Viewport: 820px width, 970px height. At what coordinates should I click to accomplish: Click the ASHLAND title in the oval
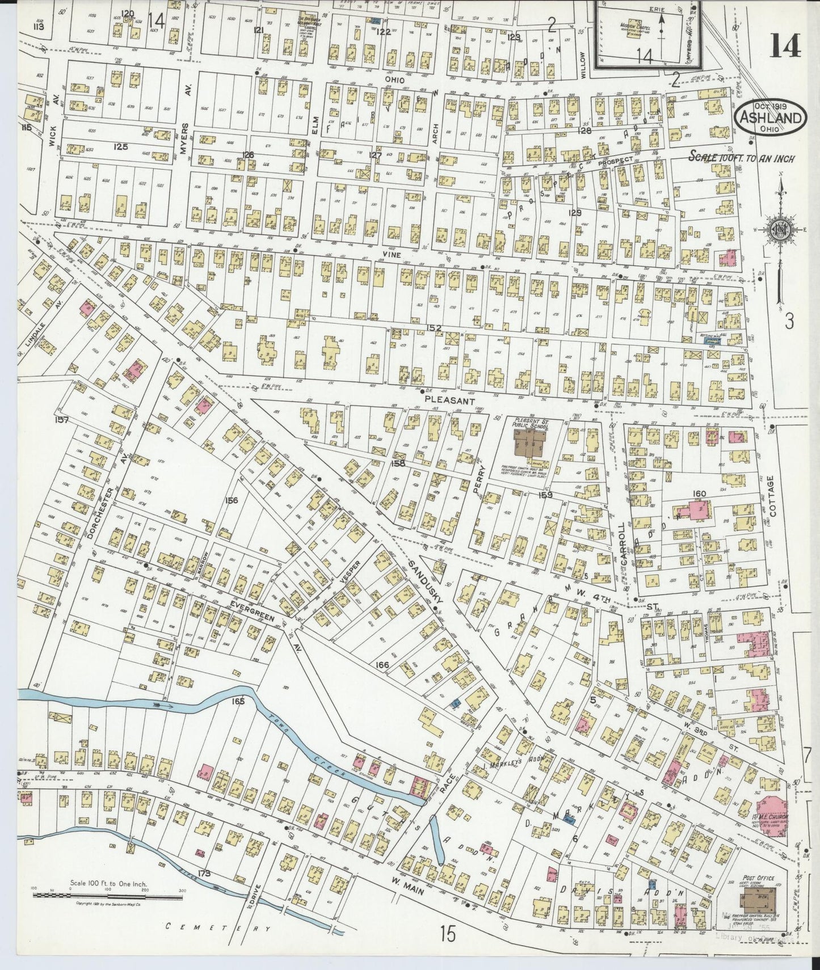[x=771, y=119]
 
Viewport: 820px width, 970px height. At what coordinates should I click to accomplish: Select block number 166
[x=383, y=664]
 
